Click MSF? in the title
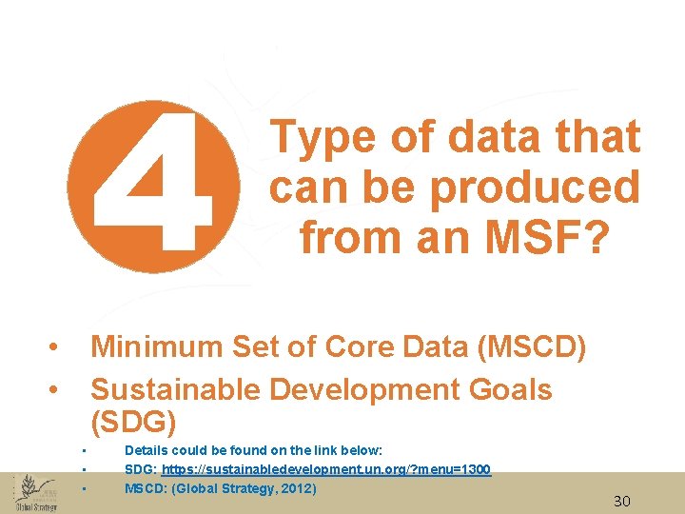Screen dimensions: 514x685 (547, 237)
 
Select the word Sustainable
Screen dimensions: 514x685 (176, 389)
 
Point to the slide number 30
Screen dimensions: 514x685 (622, 502)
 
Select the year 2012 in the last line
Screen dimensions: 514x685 (294, 489)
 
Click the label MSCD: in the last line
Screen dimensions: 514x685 (144, 489)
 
